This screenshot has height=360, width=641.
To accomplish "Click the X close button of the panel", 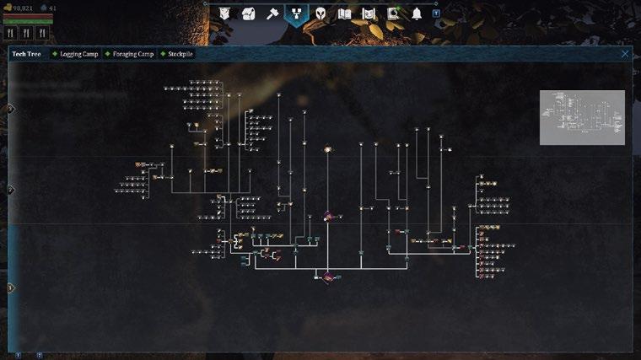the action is pos(625,54).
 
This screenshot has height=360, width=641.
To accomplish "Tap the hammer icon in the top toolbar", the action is pos(272,13).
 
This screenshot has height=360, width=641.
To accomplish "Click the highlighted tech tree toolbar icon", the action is pos(297,13).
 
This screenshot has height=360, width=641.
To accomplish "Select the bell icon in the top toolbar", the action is pos(417,13).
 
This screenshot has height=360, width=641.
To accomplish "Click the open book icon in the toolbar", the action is pos(344,13).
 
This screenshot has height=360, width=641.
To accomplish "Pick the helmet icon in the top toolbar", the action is pos(320,13).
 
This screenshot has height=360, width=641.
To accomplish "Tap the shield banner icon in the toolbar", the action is pos(224,13).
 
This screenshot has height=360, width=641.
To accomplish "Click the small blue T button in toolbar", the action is pos(436,13).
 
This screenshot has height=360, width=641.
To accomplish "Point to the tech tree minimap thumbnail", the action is pos(582,117).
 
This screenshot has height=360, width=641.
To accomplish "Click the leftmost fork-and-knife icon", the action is pos(11,33).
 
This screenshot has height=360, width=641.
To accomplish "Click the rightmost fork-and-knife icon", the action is pos(41,33).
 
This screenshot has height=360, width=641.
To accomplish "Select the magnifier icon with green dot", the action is pos(393,13).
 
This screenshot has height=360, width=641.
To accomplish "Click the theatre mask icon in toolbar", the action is pos(249,13).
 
